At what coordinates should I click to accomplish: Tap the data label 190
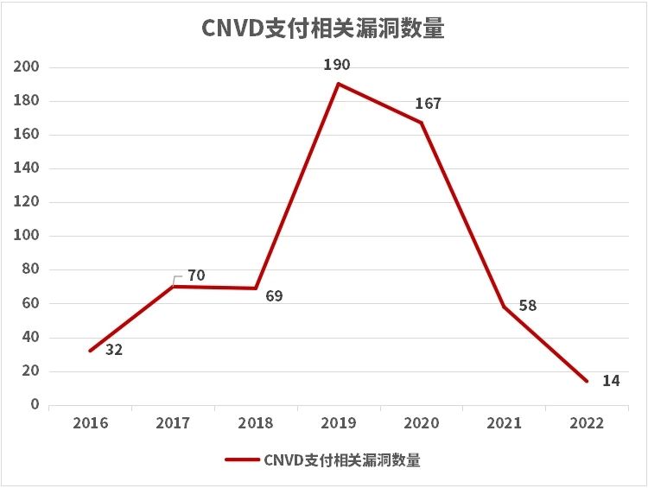[x=338, y=65]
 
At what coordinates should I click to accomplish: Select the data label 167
[x=428, y=104]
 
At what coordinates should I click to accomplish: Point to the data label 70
[x=196, y=276]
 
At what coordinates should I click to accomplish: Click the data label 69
[x=274, y=296]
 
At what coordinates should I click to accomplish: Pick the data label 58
[x=528, y=306]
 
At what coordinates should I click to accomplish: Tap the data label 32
[x=113, y=351]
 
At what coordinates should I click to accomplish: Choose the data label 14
[x=611, y=381]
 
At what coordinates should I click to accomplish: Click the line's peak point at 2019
[x=339, y=84]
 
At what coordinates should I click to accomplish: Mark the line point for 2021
[x=505, y=307]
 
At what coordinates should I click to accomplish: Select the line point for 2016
[x=90, y=351]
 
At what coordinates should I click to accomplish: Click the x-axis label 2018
[x=256, y=423]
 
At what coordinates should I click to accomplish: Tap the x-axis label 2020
[x=422, y=423]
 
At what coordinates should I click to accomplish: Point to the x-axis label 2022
[x=588, y=423]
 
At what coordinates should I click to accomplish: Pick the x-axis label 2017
[x=173, y=423]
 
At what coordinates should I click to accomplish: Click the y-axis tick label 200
[x=29, y=67]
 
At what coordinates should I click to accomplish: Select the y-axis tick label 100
[x=29, y=236]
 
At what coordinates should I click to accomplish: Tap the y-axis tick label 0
[x=35, y=404]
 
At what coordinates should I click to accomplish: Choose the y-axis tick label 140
[x=29, y=168]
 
